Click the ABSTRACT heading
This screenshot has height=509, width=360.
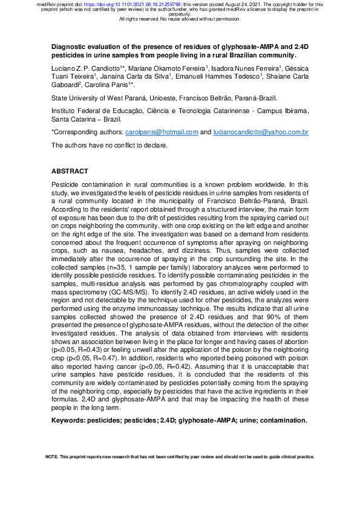pyautogui.click(x=70, y=172)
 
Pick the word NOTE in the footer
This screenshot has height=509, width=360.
pyautogui.click(x=52, y=457)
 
